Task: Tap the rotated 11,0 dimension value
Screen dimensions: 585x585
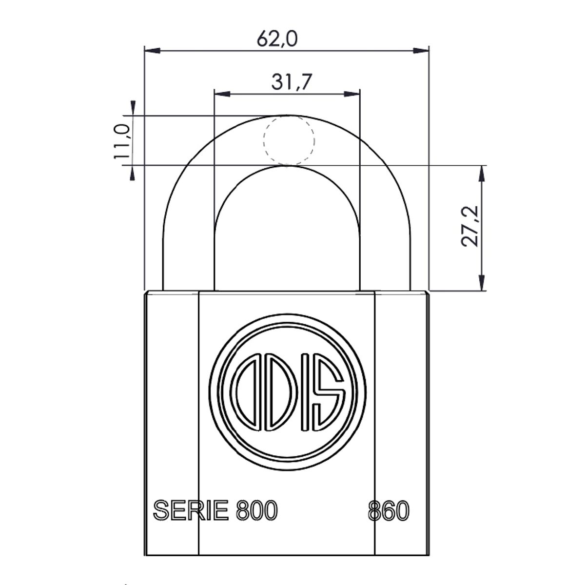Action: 121,142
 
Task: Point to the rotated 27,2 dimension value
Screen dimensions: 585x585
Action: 471,226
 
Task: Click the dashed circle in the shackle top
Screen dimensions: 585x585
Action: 289,140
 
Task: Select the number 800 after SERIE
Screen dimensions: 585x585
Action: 256,510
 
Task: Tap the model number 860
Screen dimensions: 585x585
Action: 388,510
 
